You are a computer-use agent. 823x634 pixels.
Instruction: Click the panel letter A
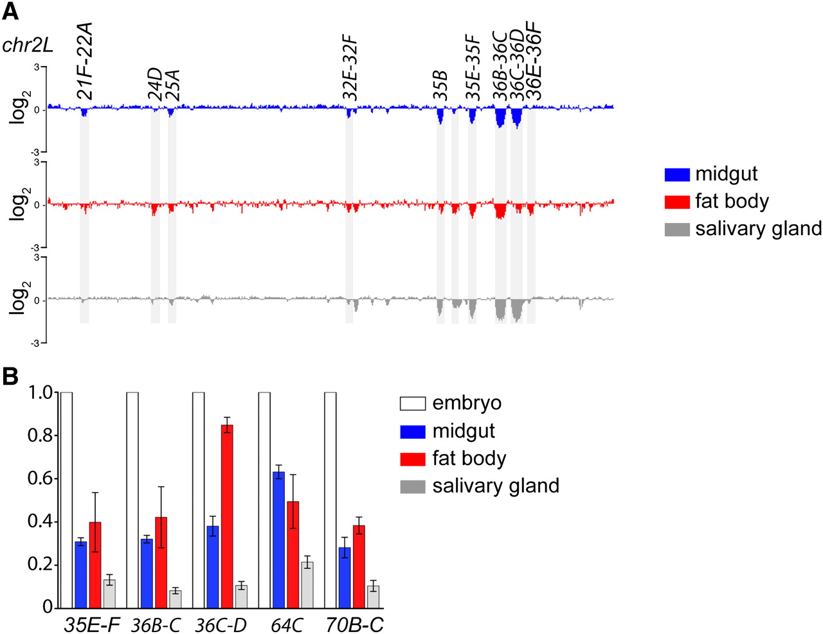tap(11, 11)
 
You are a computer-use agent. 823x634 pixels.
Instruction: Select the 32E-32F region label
tap(350, 69)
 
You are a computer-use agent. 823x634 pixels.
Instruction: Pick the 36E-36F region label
tap(534, 62)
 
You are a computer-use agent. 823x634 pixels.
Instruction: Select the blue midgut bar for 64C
tap(278, 540)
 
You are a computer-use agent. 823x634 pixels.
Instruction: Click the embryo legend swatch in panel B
tap(413, 403)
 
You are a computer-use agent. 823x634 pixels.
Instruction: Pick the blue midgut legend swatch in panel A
tap(676, 174)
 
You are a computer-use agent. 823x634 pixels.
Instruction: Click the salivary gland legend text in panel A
tap(758, 229)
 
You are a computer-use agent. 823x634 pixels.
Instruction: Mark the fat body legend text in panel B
tap(469, 459)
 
